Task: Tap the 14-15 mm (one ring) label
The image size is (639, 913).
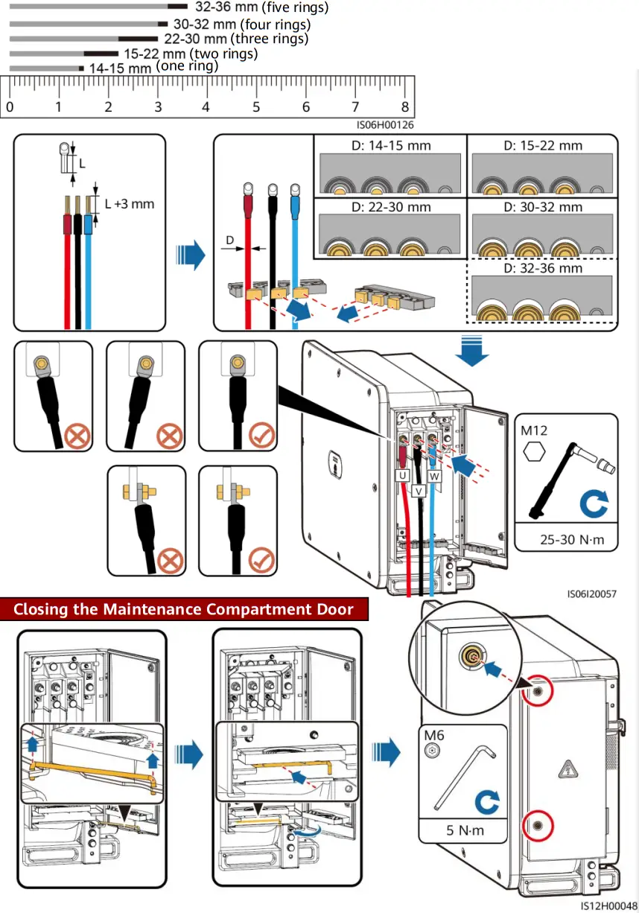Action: tap(153, 67)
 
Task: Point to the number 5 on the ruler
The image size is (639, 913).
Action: tap(256, 107)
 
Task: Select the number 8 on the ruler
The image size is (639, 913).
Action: tap(404, 107)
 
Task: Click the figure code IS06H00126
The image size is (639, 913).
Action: tap(384, 125)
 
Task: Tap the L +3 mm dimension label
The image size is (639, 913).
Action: tap(129, 203)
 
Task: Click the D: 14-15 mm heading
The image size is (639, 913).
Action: tap(391, 145)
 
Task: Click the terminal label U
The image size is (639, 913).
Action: tap(402, 474)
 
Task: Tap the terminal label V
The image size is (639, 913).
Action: tap(418, 491)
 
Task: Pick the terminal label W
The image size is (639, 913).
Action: tap(434, 474)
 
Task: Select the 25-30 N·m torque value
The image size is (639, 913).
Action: tap(566, 539)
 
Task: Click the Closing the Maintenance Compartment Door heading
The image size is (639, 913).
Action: tap(183, 609)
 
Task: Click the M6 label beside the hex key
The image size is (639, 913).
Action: tap(434, 736)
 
